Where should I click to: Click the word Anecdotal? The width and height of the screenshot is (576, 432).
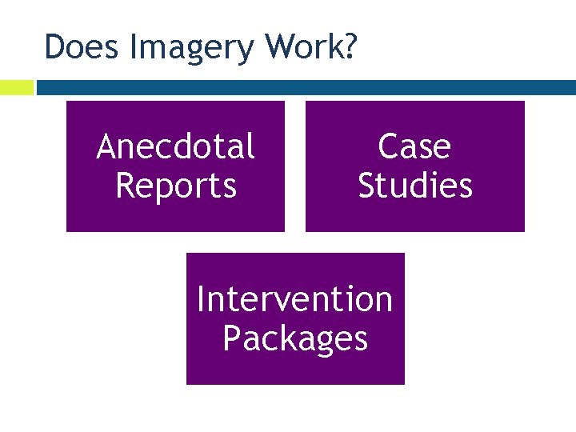point(175,147)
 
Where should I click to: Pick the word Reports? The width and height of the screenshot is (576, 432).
point(175,186)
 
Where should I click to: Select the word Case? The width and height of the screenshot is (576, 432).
point(414,147)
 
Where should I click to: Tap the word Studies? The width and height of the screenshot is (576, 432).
point(414,186)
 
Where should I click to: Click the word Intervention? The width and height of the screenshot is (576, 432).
point(294,300)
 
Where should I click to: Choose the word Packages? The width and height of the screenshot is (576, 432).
point(294,339)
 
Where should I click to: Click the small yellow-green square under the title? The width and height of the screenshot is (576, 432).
point(16,87)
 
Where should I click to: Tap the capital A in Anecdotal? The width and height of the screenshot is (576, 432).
point(107,147)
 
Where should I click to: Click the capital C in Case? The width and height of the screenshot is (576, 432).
point(389,147)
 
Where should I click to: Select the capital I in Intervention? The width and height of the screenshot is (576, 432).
point(201,300)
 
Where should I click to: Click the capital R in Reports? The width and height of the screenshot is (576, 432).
point(126,186)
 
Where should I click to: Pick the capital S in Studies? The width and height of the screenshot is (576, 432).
point(369,186)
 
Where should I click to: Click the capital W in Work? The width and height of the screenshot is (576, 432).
point(282,47)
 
